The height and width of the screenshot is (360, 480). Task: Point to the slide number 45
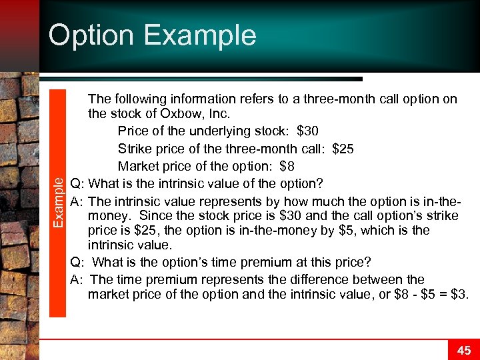coord(464,350)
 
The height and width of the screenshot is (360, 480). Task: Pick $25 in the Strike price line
coord(342,148)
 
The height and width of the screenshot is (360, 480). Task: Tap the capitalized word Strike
coord(135,148)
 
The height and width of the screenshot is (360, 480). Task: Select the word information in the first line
coord(207,99)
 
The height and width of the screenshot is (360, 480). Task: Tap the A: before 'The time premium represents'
coord(77,279)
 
